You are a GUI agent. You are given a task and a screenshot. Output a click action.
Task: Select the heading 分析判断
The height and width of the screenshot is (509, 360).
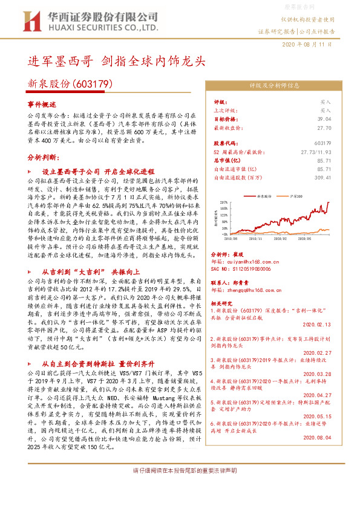[x=42, y=157]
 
